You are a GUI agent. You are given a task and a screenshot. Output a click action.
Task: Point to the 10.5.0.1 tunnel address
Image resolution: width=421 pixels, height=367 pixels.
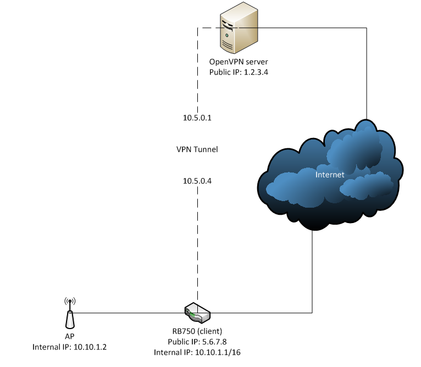pos(197,118)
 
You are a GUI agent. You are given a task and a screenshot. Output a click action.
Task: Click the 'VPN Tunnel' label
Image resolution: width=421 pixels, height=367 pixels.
pos(197,149)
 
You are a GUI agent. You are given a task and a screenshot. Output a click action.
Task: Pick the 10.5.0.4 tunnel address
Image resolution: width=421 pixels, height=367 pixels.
pos(197,180)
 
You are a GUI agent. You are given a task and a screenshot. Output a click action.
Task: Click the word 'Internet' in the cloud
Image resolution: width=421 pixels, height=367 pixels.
pos(330,175)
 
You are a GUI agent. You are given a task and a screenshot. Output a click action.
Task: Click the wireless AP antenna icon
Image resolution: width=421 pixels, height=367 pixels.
pos(70,314)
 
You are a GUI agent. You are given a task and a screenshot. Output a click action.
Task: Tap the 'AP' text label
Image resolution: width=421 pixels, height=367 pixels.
pos(70,336)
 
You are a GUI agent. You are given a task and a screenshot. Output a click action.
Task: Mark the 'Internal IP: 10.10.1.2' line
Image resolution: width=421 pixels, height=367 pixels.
pos(70,346)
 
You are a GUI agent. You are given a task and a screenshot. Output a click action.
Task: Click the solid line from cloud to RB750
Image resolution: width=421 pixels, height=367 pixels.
pos(313,275)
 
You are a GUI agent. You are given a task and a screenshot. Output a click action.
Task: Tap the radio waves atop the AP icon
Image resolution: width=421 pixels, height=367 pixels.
pos(70,301)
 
